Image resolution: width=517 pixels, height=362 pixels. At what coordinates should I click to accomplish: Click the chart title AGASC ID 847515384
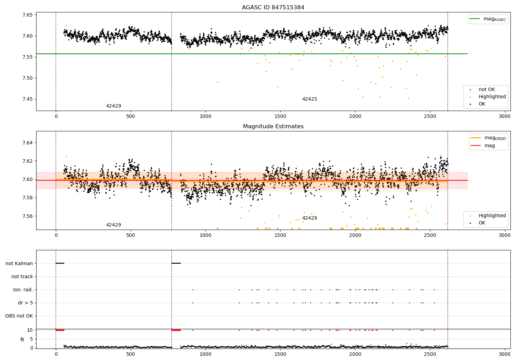click(273, 8)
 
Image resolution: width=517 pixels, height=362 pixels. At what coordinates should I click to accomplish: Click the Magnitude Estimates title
click(273, 127)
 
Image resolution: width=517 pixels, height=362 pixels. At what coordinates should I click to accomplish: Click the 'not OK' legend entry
click(486, 90)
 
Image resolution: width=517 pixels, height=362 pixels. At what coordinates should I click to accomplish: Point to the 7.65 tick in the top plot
click(28, 15)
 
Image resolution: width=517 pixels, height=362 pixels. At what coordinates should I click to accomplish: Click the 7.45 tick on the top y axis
click(28, 99)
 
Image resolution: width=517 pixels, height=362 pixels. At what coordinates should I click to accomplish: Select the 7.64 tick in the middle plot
click(28, 143)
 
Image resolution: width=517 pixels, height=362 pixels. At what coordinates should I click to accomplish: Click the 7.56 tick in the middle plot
click(28, 216)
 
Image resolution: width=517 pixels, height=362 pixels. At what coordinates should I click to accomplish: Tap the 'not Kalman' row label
click(19, 263)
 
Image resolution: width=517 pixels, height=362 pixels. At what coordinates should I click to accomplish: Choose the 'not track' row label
click(22, 276)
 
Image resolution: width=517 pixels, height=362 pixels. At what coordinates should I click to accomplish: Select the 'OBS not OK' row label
click(19, 316)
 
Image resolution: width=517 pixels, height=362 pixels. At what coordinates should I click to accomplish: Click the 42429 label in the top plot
click(113, 106)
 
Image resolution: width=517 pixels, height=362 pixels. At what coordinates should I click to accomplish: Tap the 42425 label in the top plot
click(310, 99)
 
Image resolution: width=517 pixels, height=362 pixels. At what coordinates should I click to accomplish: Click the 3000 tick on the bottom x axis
click(505, 354)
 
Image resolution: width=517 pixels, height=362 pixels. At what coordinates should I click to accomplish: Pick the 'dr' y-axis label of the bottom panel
click(22, 339)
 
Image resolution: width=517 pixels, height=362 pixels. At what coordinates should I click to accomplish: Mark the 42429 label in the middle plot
click(113, 225)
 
